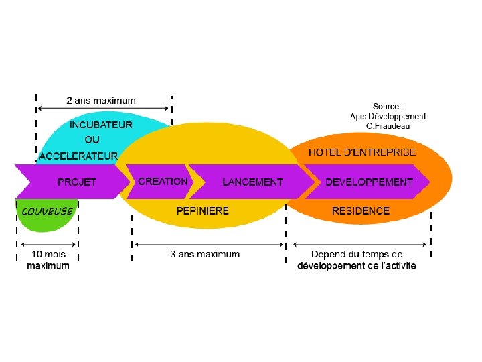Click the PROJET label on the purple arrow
(x=77, y=182)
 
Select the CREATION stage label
(x=163, y=181)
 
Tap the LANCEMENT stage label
(x=252, y=182)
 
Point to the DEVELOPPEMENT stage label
(x=369, y=182)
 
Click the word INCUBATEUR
(x=101, y=125)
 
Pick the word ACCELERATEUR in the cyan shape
(x=78, y=156)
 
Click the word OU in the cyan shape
(x=92, y=139)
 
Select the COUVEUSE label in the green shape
(x=48, y=211)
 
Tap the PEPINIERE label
(x=203, y=211)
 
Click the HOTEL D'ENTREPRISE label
(x=362, y=152)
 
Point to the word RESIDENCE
(x=361, y=211)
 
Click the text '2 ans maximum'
(x=101, y=101)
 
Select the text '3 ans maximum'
(x=205, y=254)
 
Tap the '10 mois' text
(x=49, y=254)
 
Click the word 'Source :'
(x=388, y=106)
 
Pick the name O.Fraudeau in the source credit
(x=388, y=125)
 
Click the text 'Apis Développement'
(x=388, y=116)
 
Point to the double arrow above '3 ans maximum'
(x=209, y=245)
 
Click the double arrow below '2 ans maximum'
(x=103, y=108)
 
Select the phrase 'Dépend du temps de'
(x=357, y=254)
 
